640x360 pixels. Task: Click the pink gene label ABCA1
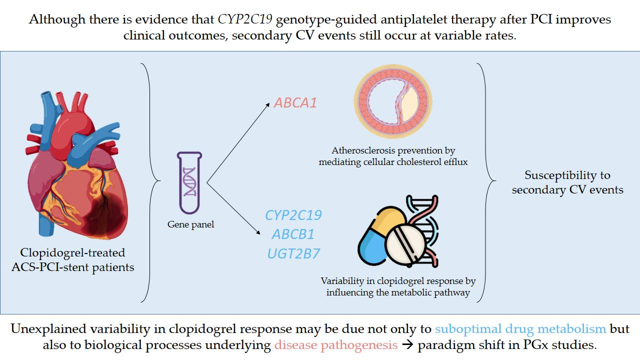[x=295, y=103]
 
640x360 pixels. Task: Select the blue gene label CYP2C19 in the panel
[x=293, y=215]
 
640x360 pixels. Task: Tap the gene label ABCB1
[x=293, y=234]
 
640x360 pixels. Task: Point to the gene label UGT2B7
[x=293, y=253]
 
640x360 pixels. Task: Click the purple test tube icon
[x=190, y=183]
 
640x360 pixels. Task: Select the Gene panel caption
[x=190, y=224]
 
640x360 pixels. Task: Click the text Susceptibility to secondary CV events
[x=567, y=182]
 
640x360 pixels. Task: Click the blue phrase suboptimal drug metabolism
[x=520, y=329]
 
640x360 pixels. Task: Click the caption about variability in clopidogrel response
[x=398, y=287]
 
